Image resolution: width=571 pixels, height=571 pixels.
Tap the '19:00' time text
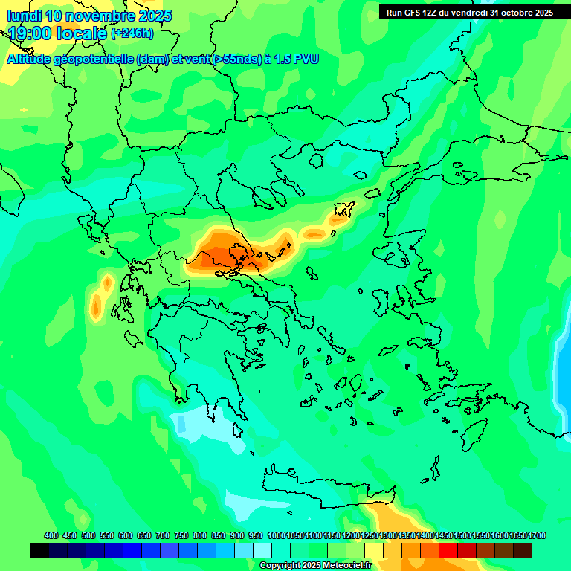(30, 33)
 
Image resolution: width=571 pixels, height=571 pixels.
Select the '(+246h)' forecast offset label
(132, 33)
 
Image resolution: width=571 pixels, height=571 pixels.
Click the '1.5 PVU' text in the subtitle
(297, 59)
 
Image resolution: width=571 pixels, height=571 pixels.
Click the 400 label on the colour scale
(51, 535)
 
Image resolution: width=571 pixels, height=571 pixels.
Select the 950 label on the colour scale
(256, 535)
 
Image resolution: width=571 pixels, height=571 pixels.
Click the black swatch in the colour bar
(39, 550)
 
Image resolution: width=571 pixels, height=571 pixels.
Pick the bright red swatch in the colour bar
(448, 550)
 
